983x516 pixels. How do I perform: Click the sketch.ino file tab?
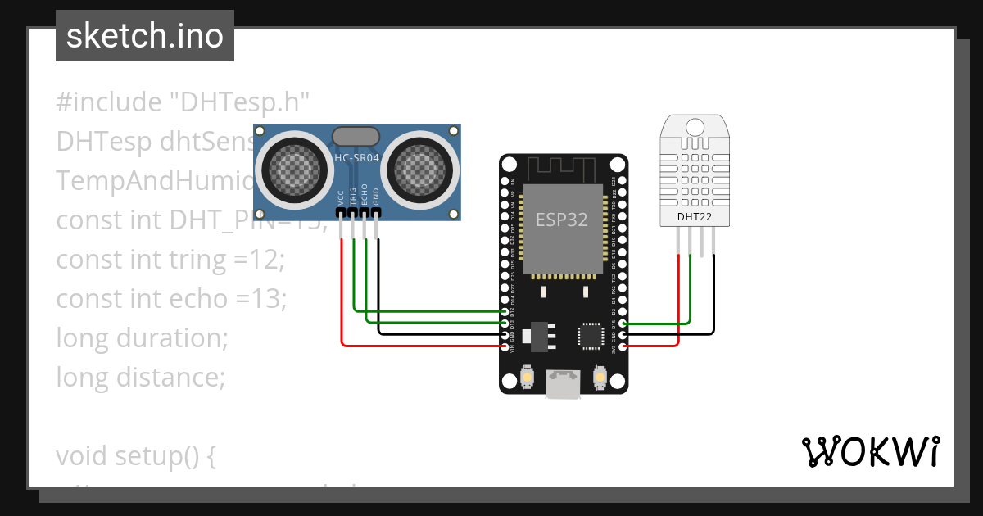pos(145,36)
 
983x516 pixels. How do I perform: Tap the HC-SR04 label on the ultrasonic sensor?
pos(356,158)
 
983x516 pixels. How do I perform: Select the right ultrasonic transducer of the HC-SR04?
pos(423,168)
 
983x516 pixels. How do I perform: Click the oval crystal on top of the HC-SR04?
pos(356,136)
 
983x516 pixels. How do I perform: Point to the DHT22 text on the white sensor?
pos(695,217)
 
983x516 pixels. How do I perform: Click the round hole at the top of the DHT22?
pos(695,127)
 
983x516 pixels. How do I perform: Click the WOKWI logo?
pos(870,451)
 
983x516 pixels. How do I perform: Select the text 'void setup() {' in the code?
pos(136,456)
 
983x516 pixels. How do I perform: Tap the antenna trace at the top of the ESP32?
pos(564,170)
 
